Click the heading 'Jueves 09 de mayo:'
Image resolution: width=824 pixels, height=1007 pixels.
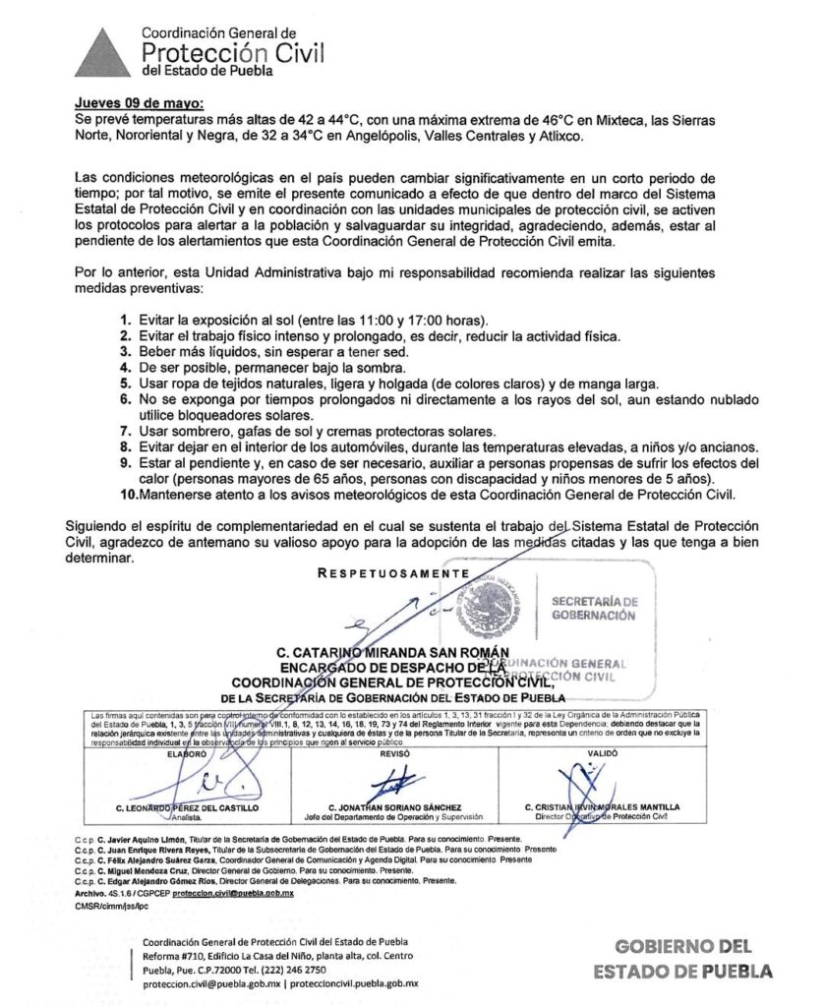point(141,103)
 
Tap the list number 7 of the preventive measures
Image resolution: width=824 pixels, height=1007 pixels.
point(125,432)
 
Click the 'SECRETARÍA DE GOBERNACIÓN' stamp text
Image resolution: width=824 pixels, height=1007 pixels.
point(593,608)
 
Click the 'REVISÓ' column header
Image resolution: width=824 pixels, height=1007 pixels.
point(394,752)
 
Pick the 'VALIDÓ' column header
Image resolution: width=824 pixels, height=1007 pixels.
point(602,752)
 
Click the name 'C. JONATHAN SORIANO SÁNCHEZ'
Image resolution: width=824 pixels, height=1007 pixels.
point(394,807)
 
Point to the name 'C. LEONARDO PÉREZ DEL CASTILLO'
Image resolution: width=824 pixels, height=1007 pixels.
point(187,807)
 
